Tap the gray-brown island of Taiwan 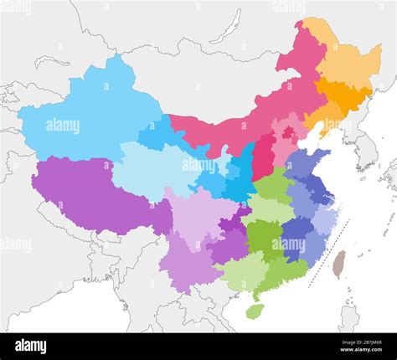click(x=338, y=264)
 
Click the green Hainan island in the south click(x=255, y=311)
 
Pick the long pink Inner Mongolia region click(x=243, y=126)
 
